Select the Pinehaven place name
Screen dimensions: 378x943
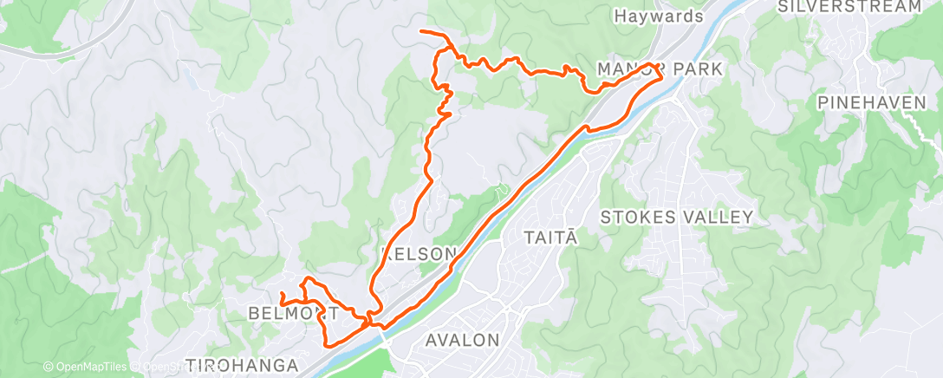pos(871,102)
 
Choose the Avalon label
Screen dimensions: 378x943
pos(463,340)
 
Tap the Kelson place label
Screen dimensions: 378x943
pos(419,254)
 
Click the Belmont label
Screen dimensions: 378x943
pos(289,312)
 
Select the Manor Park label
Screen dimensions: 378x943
pos(660,68)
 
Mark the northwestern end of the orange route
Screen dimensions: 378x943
pos(421,31)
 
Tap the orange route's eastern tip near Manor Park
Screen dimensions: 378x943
pos(663,76)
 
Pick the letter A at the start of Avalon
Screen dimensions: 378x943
pos(432,340)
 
